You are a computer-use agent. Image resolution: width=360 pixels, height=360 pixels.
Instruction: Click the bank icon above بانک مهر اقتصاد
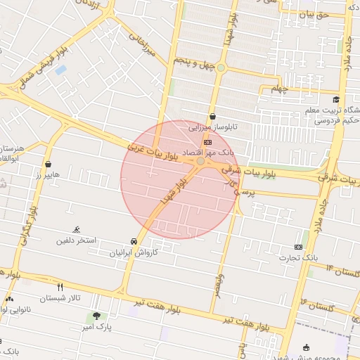point(207,141)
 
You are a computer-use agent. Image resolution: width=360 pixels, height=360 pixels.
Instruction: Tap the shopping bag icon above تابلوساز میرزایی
point(212,117)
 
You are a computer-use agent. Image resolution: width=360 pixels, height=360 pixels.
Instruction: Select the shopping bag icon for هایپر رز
point(49,165)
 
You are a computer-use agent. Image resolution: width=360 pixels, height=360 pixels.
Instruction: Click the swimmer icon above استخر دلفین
point(76,230)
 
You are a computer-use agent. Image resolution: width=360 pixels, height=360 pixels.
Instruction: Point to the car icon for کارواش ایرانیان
point(134,240)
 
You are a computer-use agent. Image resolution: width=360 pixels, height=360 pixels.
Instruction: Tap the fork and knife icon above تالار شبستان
point(60,287)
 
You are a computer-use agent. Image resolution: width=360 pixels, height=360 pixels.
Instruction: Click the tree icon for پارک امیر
point(96,316)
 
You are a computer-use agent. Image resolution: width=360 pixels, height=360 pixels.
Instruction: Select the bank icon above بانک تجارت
point(298,247)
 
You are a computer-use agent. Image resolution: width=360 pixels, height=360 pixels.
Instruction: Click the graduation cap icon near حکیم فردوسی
point(337,100)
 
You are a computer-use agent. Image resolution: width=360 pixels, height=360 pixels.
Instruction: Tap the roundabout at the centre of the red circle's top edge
point(200,162)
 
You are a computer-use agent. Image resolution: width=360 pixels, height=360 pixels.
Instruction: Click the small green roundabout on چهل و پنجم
point(221,67)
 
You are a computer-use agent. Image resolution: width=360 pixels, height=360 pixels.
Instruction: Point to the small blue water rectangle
point(60,70)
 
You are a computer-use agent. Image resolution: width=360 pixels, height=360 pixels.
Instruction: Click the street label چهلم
point(280,89)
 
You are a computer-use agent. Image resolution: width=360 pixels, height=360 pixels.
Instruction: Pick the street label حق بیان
point(314,14)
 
